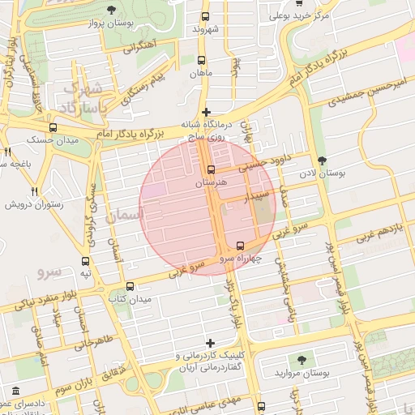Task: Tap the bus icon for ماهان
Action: [x=200, y=59]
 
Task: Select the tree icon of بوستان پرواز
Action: [x=111, y=10]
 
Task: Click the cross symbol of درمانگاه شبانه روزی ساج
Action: [x=206, y=112]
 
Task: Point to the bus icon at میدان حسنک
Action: [x=53, y=127]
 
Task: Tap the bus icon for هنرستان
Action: [x=211, y=170]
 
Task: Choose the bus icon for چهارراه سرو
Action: [x=240, y=246]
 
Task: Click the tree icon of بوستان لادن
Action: [x=323, y=160]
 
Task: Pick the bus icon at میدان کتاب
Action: [x=130, y=286]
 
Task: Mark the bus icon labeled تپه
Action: [x=86, y=261]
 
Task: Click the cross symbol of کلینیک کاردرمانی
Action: [x=212, y=343]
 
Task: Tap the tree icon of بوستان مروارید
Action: [x=303, y=359]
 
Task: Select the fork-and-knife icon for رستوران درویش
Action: [x=34, y=191]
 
